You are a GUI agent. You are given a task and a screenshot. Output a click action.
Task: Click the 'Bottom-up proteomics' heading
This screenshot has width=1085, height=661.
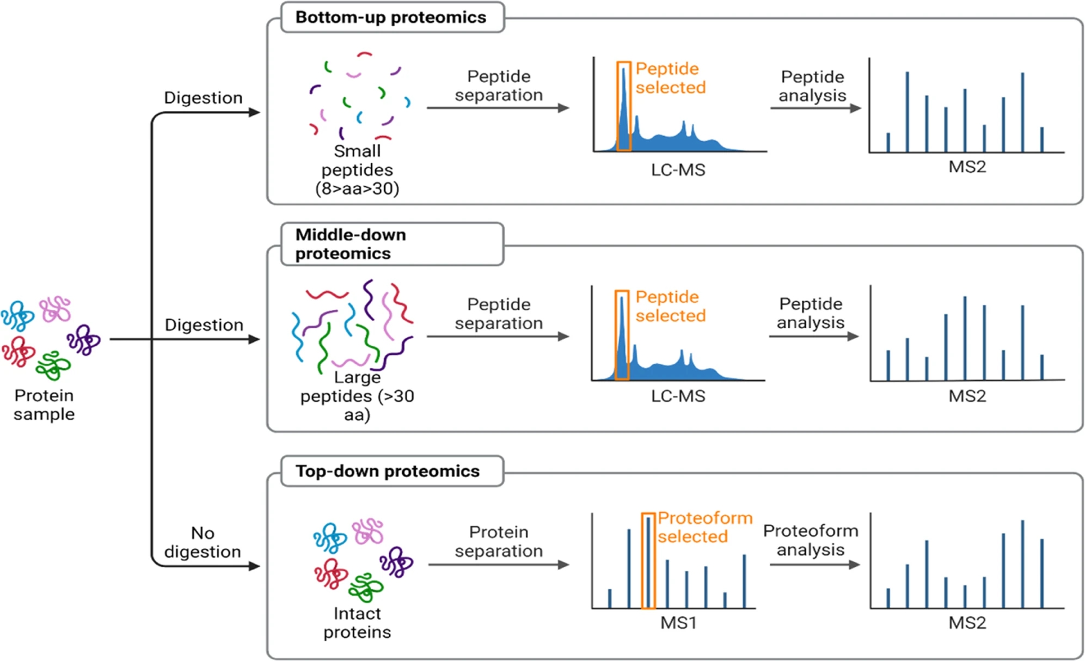pos(390,17)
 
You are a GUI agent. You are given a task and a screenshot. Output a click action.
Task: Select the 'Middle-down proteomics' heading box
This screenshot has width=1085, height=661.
pos(391,244)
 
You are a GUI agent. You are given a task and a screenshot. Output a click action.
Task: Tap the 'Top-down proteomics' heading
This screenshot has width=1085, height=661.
pos(387,471)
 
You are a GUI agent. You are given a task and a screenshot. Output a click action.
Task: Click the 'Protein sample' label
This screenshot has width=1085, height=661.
pos(44,405)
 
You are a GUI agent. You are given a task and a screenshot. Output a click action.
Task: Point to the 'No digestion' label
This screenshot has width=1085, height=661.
pos(203,542)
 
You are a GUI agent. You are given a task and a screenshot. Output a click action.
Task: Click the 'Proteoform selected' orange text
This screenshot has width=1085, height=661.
pos(704,527)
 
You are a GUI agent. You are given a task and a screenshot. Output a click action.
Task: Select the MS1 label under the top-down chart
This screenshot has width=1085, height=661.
pos(678,622)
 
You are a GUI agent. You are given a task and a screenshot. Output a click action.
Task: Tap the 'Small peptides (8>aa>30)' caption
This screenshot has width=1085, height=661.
pos(357,170)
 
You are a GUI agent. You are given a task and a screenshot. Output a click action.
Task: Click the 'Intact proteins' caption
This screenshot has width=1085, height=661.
pos(357,623)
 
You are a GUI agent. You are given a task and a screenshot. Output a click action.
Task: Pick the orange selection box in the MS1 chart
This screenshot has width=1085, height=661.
pos(648,561)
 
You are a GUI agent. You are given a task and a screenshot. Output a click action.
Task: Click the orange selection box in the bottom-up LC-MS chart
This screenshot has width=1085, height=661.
pos(624,106)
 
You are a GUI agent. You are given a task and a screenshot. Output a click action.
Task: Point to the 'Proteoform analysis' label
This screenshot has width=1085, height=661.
pos(811,540)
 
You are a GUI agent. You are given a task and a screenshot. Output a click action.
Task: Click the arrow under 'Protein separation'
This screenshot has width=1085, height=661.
pos(498,565)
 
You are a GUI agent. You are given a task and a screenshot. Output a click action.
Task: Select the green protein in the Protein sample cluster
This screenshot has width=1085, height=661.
pos(53,365)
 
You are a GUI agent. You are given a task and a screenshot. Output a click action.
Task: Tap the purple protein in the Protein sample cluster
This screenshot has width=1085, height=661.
pos(84,340)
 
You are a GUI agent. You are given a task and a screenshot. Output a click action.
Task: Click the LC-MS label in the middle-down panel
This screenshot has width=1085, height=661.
pos(678,396)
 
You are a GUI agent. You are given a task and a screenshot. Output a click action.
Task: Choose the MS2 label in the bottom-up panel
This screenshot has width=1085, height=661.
pos(967,167)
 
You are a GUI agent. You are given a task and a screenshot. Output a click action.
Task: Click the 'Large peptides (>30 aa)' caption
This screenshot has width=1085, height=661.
pos(357,396)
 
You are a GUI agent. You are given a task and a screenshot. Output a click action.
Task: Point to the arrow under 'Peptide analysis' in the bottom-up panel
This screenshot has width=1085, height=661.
pos(815,108)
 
